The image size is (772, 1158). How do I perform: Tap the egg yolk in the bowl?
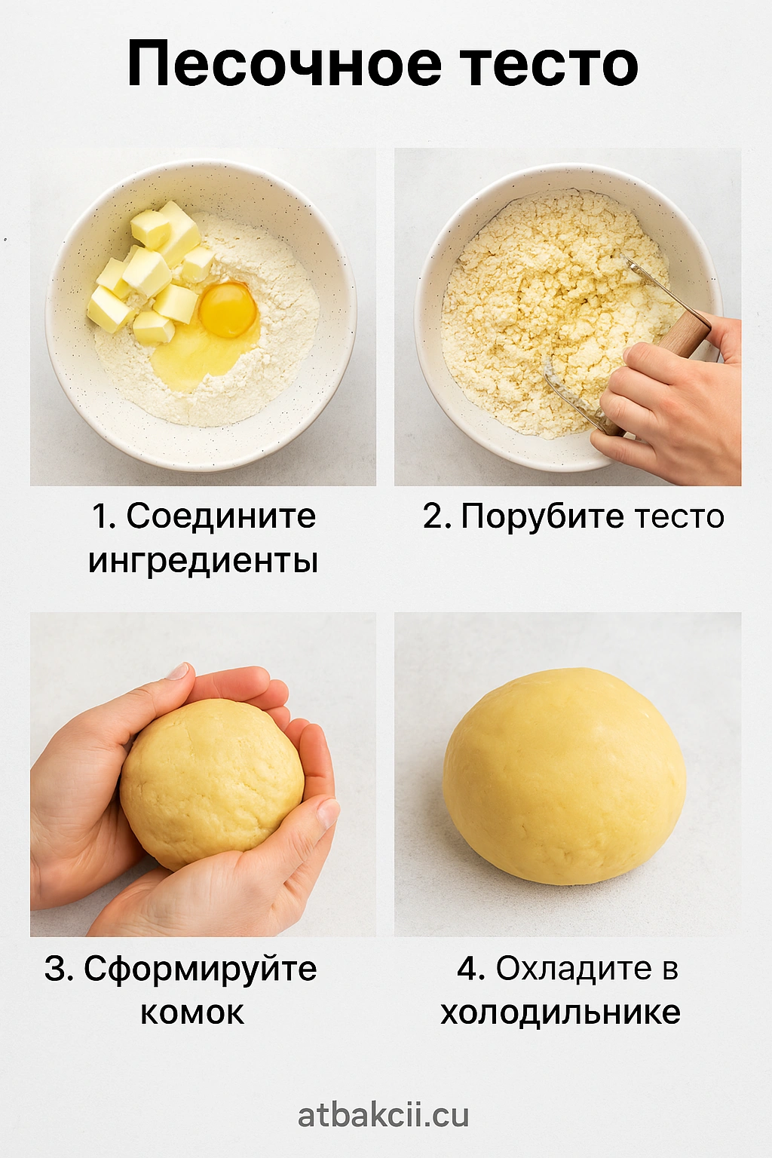(228, 310)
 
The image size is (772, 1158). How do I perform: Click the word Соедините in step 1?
(221, 516)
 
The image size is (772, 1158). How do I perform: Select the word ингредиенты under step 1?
(203, 560)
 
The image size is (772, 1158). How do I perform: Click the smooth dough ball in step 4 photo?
(564, 776)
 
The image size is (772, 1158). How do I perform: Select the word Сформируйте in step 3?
(200, 970)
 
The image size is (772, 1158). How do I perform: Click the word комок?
(191, 1013)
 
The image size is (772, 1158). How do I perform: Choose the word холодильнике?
(560, 1013)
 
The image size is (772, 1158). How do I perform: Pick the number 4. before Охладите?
(470, 969)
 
